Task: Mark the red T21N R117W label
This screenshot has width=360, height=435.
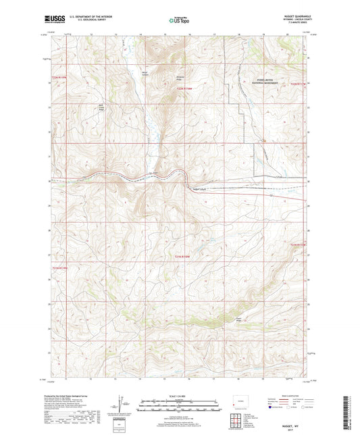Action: click(298, 244)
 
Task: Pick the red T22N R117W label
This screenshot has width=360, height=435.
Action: click(298, 84)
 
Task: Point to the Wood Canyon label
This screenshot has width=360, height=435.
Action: click(143, 72)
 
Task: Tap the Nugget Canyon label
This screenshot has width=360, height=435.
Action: click(201, 188)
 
